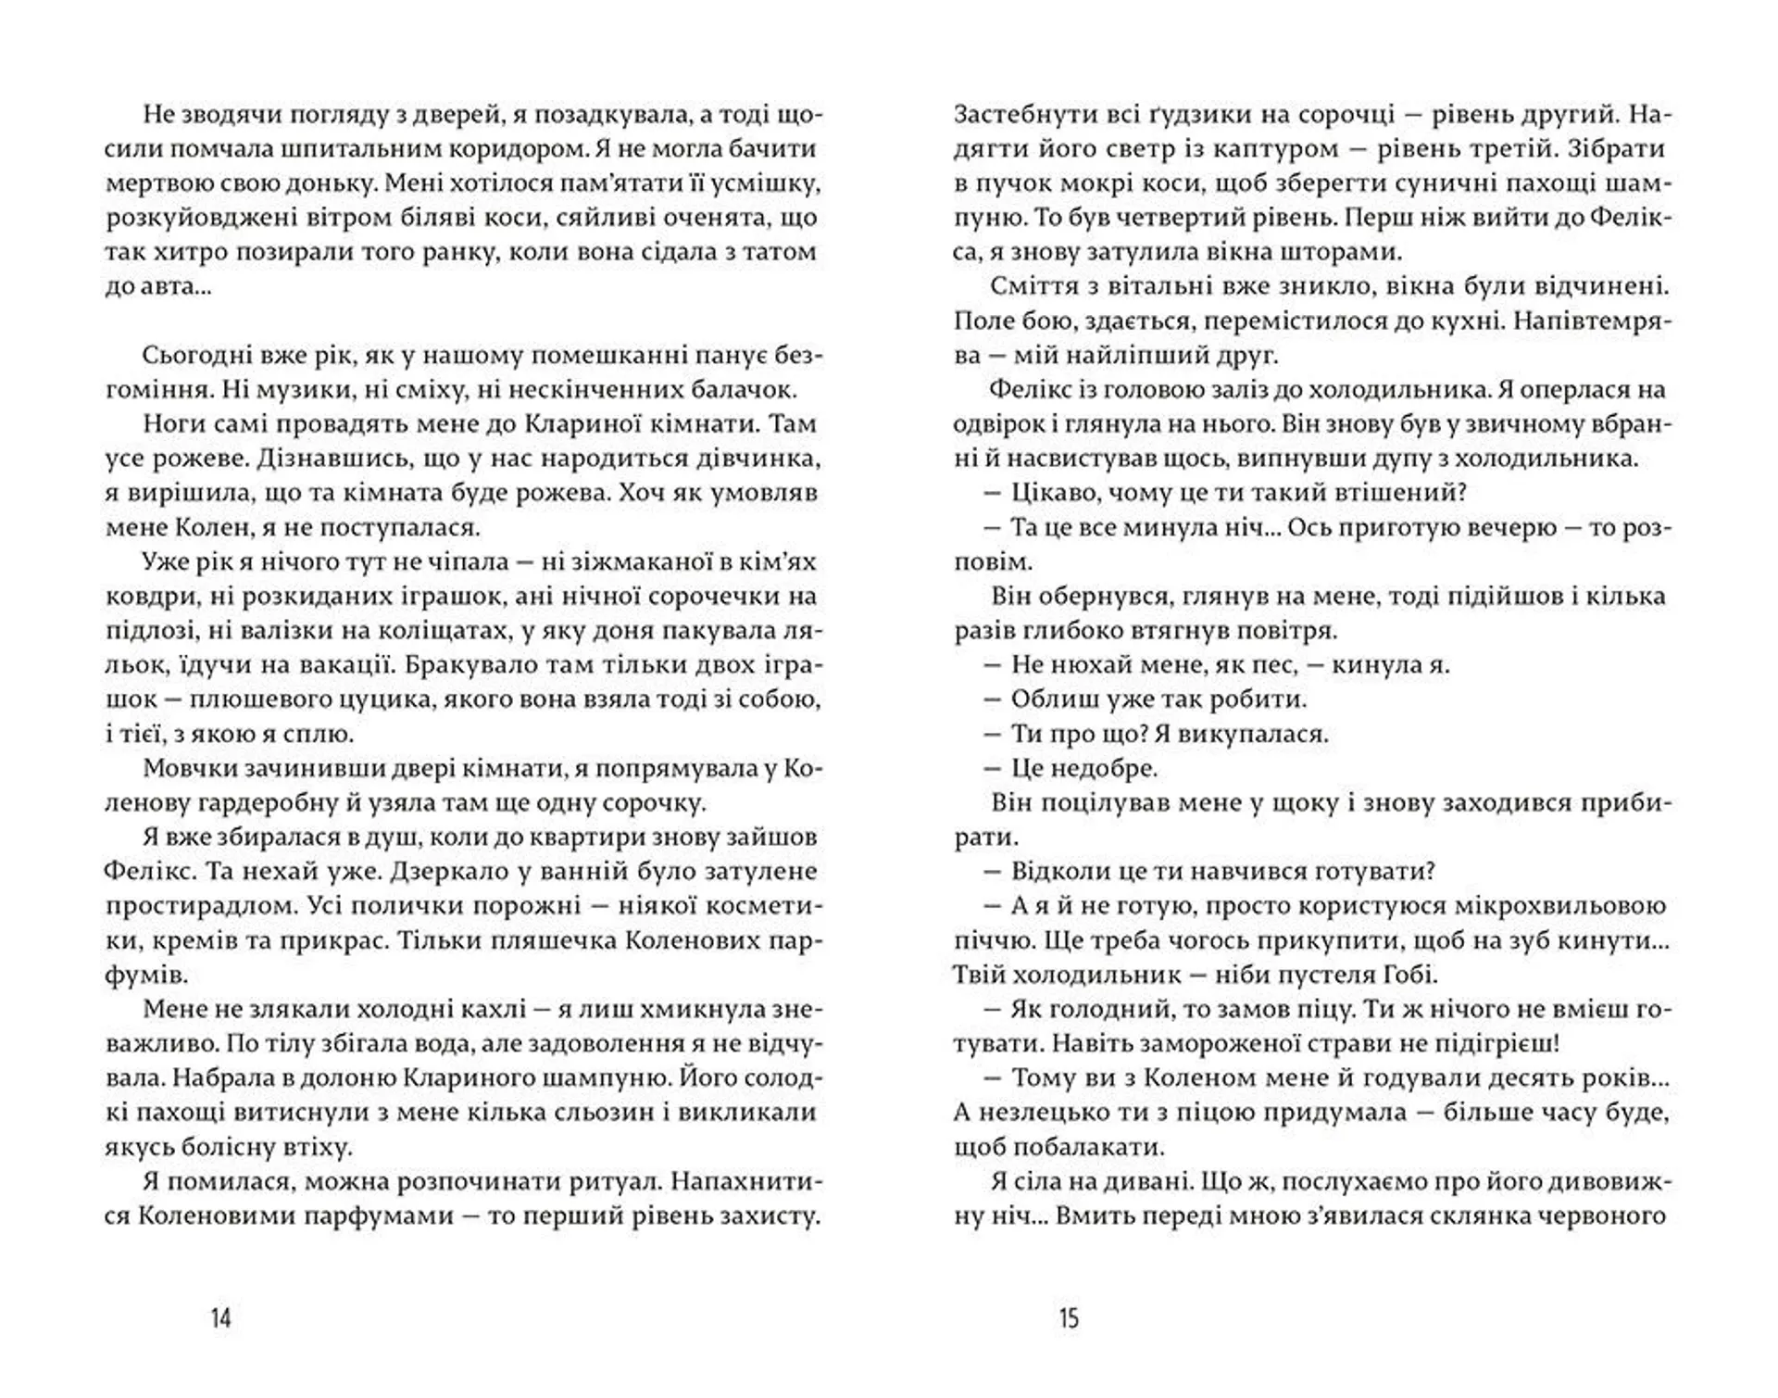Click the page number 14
pyautogui.click(x=220, y=1317)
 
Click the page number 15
pyautogui.click(x=1069, y=1317)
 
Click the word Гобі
pyautogui.click(x=1404, y=975)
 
